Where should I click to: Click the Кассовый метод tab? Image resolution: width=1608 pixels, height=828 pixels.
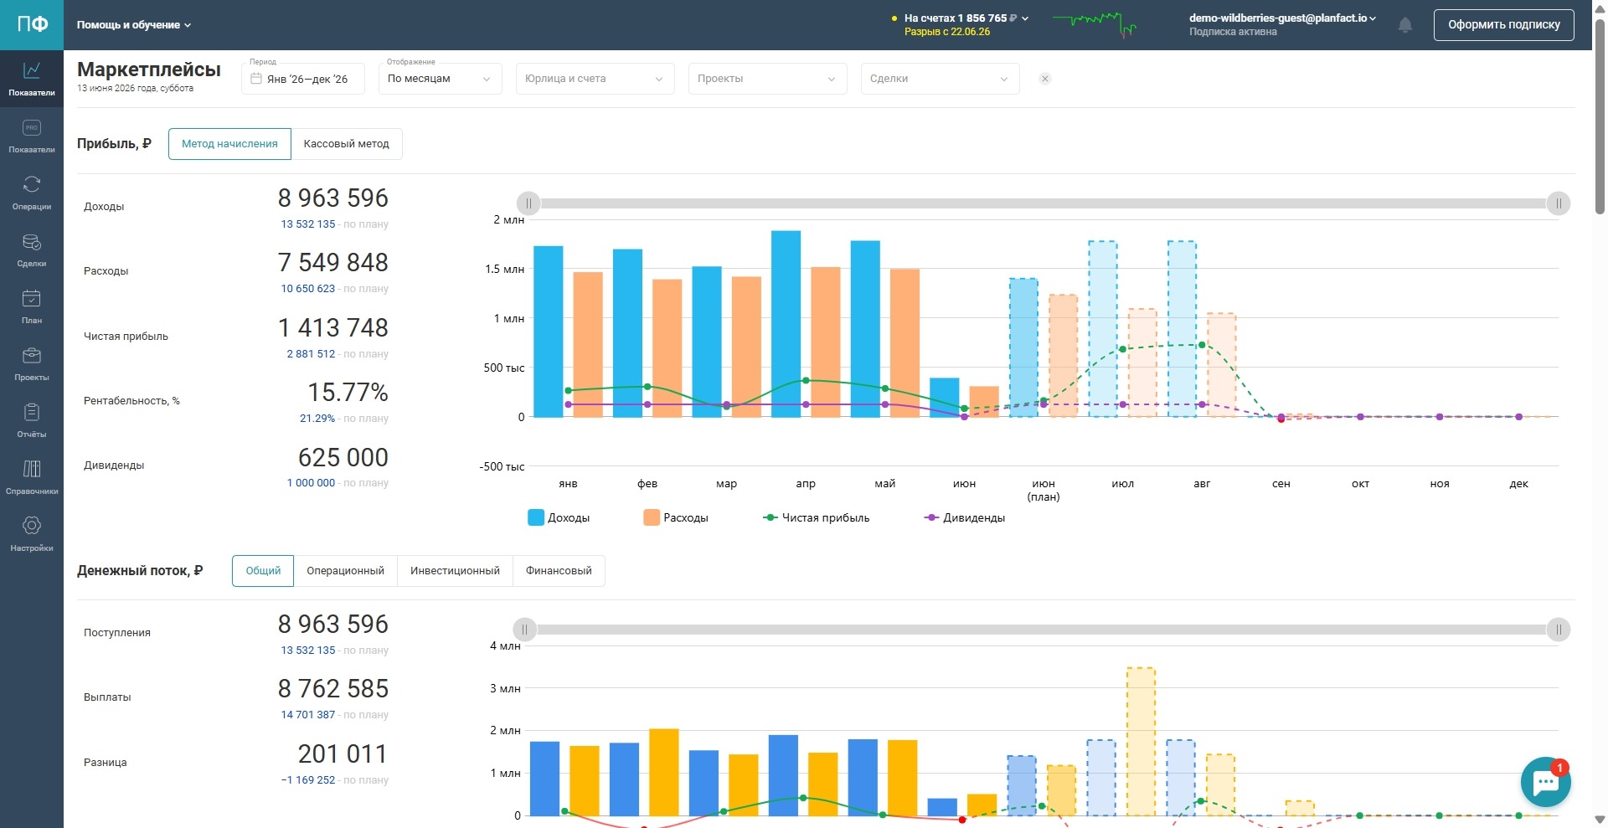click(x=346, y=144)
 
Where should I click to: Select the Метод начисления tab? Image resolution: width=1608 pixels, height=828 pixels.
click(x=229, y=144)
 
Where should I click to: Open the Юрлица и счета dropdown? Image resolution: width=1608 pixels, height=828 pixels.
click(x=595, y=79)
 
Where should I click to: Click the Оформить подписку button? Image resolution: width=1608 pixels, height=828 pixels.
click(x=1503, y=25)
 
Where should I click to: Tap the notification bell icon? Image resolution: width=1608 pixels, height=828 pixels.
click(x=1405, y=25)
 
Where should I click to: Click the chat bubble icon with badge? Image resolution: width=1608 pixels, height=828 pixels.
click(x=1545, y=782)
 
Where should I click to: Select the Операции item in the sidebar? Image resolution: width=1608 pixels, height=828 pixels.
click(x=32, y=192)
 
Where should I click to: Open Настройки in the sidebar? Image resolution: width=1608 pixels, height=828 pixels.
click(x=32, y=533)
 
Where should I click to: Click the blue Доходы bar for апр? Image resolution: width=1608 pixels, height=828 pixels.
click(x=786, y=324)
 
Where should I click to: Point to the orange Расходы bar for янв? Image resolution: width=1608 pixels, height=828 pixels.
click(x=588, y=345)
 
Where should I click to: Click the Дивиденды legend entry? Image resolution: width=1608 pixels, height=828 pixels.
click(x=965, y=518)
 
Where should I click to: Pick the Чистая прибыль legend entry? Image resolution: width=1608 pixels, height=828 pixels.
click(x=817, y=518)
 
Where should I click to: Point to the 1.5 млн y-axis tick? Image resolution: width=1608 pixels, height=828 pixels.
click(x=504, y=269)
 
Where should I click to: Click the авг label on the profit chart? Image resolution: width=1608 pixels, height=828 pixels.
click(x=1202, y=484)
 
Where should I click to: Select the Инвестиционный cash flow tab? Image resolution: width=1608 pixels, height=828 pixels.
click(x=455, y=571)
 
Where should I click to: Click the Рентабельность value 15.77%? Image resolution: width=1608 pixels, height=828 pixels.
click(x=348, y=392)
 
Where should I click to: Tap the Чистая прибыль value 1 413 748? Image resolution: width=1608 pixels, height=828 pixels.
click(x=333, y=327)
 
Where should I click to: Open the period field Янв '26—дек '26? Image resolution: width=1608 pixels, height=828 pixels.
click(x=303, y=79)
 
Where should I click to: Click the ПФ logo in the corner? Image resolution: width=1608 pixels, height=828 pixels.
click(x=32, y=25)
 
